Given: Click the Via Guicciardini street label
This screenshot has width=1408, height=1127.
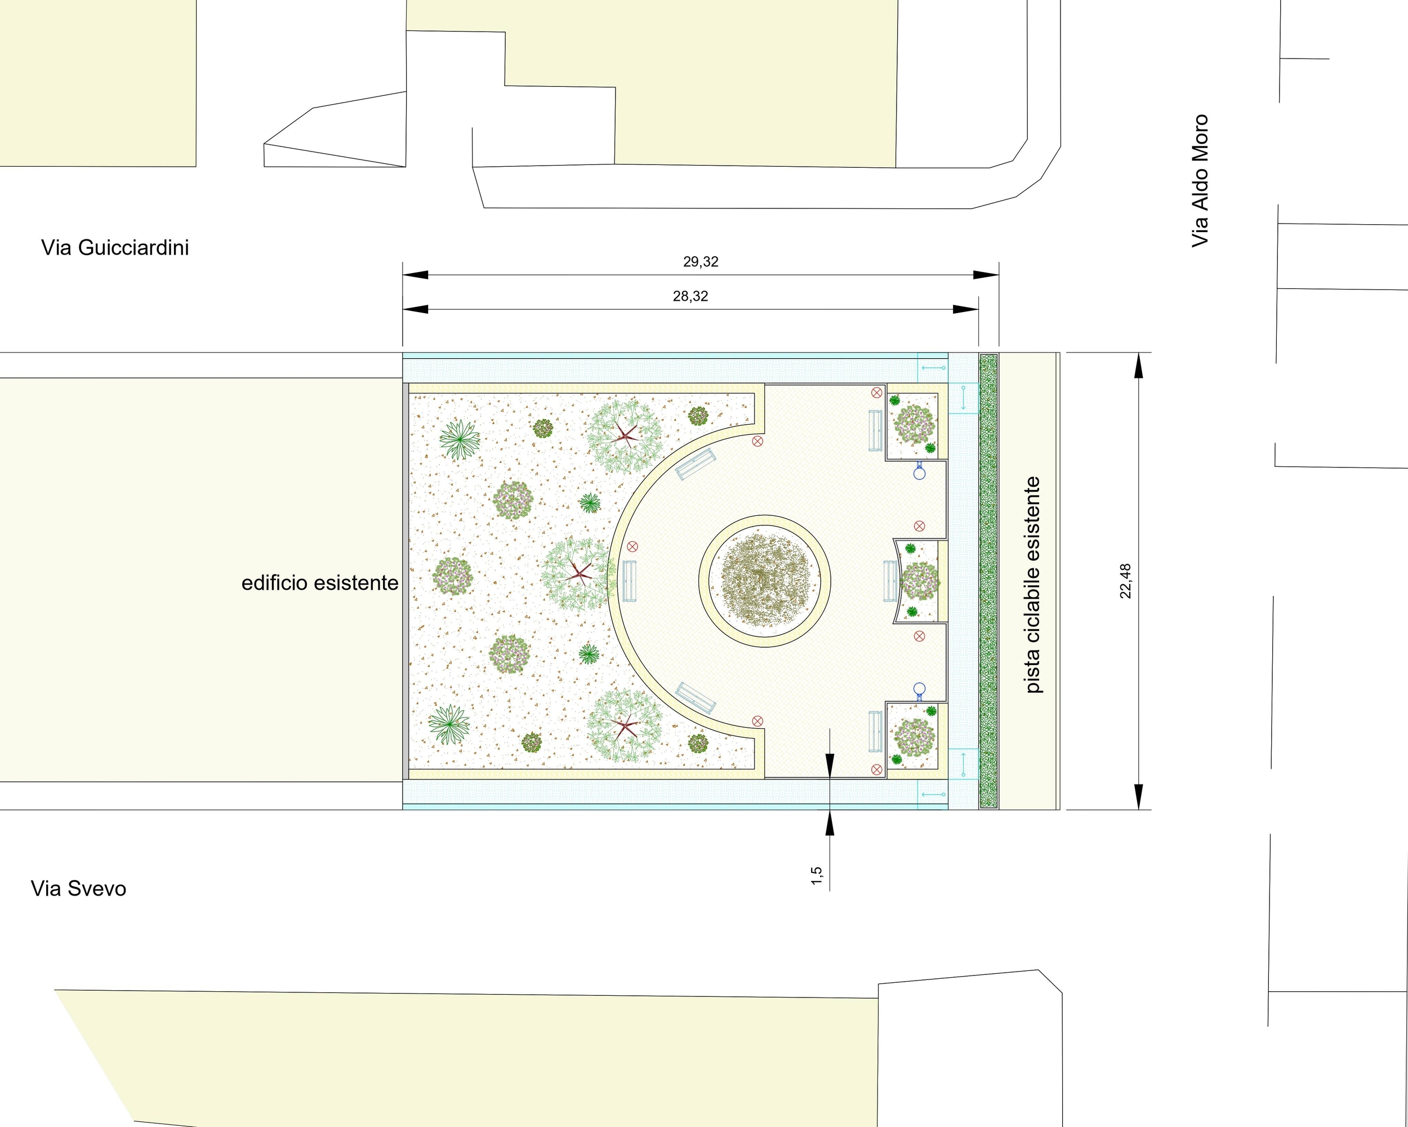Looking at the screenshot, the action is coord(115,247).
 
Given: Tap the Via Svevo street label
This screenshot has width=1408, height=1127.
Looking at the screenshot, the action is coord(78,889).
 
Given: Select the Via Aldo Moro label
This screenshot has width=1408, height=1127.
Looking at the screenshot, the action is coord(1200,181).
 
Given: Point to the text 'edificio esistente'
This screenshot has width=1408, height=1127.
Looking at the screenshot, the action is coord(320,582).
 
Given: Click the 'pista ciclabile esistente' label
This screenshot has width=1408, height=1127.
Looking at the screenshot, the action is coord(1032,585).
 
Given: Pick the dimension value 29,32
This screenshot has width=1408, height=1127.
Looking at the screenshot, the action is coord(701,262).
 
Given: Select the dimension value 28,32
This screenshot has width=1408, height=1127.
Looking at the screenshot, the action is coord(690,296).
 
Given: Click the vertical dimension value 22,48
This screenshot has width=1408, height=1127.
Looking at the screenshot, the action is coord(1125,581).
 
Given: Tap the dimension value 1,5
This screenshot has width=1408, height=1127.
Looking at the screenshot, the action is coord(816,876).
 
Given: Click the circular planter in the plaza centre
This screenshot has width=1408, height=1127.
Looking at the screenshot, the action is coord(765,581).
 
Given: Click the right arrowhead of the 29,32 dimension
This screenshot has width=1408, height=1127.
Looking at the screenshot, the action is coord(986,275).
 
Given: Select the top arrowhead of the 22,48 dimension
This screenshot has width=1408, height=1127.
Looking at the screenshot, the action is coord(1139,366).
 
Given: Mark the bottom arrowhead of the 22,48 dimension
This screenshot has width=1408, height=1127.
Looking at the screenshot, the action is coord(1139,798).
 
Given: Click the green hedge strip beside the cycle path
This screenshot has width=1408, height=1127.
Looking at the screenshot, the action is coord(989,581).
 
